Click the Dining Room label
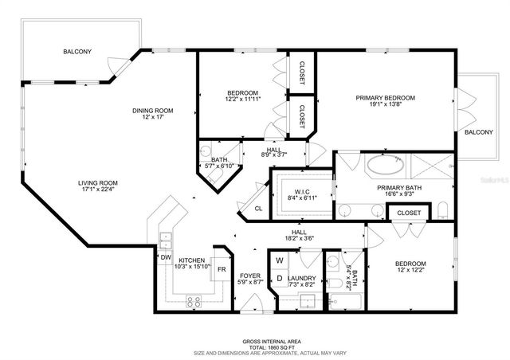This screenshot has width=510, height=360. click(152, 111)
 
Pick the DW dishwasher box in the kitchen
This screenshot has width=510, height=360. click(166, 257)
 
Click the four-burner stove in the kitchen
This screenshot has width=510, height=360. click(194, 300)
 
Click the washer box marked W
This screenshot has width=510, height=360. click(280, 260)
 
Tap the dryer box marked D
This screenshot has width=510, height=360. click(280, 278)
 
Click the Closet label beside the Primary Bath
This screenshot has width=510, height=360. click(409, 213)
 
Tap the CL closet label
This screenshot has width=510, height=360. click(258, 209)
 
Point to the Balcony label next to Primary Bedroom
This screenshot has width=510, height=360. click(478, 131)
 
